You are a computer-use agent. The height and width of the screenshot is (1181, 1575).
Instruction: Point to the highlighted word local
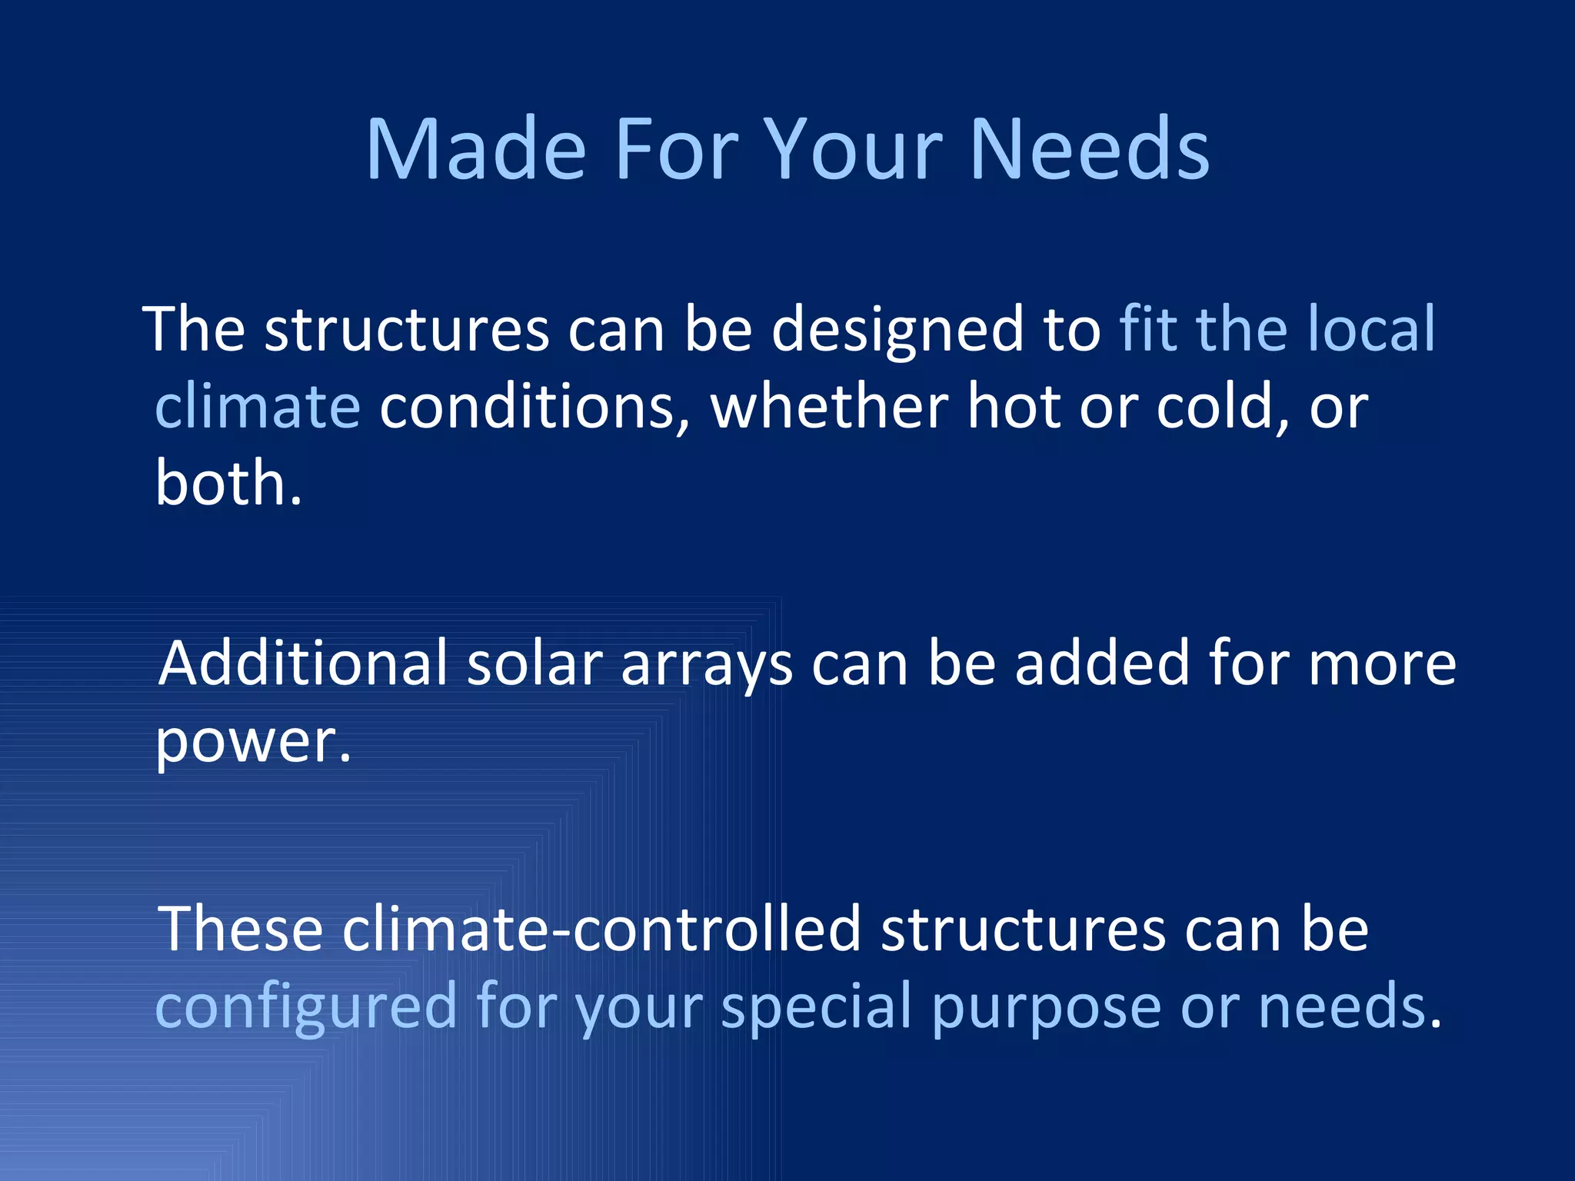1371,329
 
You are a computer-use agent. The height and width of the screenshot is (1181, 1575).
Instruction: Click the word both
228,483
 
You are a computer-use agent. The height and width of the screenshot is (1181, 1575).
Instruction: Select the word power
253,743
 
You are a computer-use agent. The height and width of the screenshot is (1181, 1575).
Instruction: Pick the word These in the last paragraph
240,929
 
